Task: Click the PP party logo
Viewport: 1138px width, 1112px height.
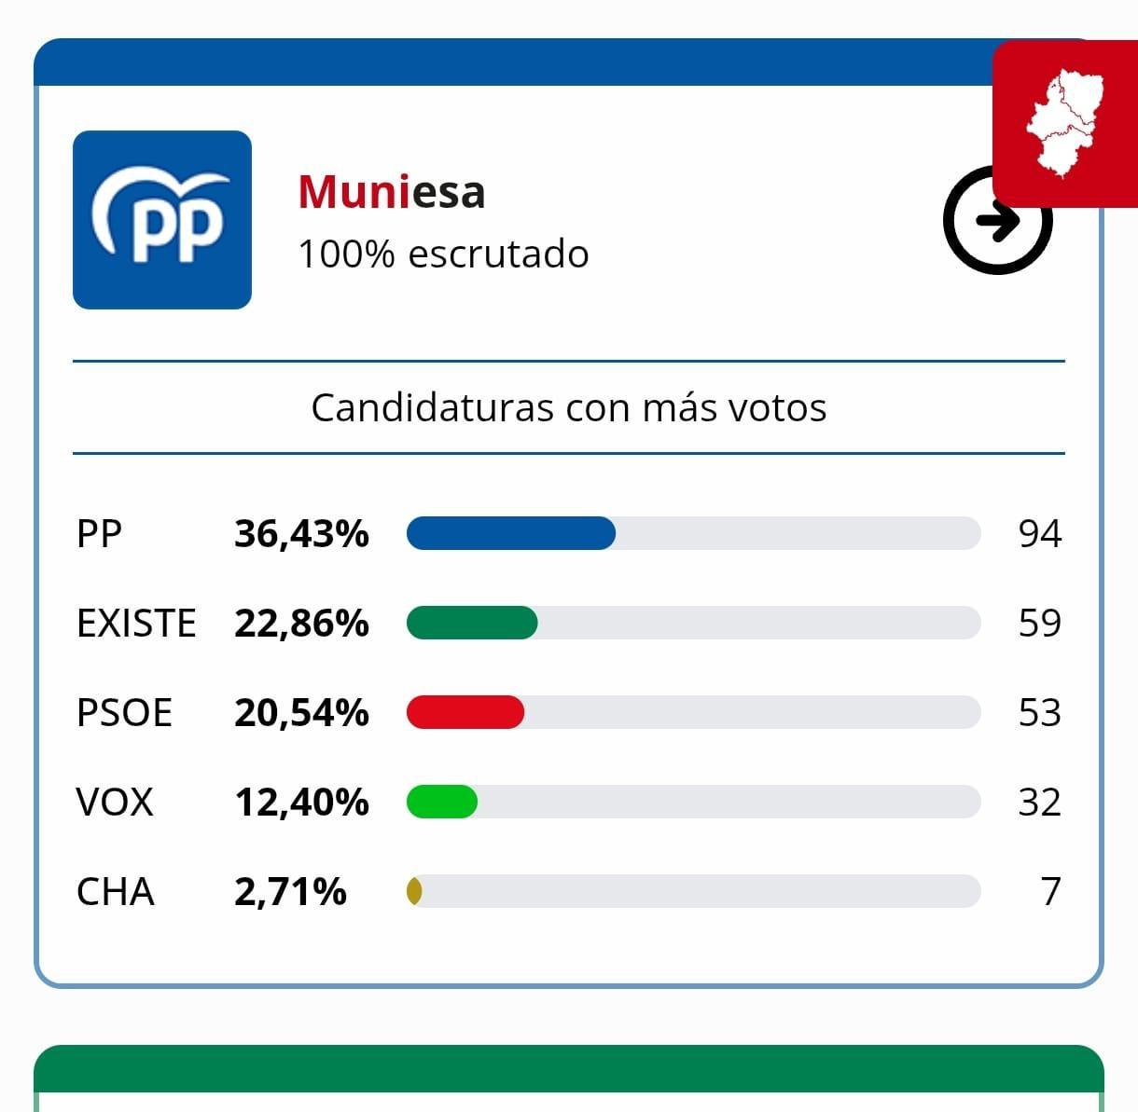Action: click(162, 220)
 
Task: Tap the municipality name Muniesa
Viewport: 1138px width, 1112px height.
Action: click(392, 192)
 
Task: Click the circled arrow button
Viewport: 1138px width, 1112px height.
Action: click(996, 222)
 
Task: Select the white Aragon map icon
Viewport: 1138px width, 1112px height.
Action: click(1065, 123)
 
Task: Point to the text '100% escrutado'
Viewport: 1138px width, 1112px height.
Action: click(443, 254)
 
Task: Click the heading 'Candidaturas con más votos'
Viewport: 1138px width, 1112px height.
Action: click(569, 407)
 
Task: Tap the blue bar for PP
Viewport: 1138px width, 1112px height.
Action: click(511, 533)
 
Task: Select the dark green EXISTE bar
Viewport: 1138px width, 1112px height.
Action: click(472, 623)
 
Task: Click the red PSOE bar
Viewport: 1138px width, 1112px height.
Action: click(465, 713)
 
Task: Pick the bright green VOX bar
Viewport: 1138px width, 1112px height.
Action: click(442, 802)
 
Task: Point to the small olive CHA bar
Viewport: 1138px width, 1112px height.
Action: click(414, 892)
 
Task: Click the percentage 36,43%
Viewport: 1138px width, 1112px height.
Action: click(301, 534)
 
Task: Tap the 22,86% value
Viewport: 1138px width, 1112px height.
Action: click(301, 624)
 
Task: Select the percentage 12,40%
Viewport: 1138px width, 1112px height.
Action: click(301, 803)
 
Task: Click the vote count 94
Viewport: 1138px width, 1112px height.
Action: click(1039, 534)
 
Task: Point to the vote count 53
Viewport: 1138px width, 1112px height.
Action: click(1039, 713)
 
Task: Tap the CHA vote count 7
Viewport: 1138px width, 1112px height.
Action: click(1050, 892)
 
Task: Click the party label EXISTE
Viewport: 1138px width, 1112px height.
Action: click(136, 624)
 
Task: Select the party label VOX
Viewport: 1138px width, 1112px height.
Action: click(115, 803)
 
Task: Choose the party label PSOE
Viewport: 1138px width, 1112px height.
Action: click(124, 713)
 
